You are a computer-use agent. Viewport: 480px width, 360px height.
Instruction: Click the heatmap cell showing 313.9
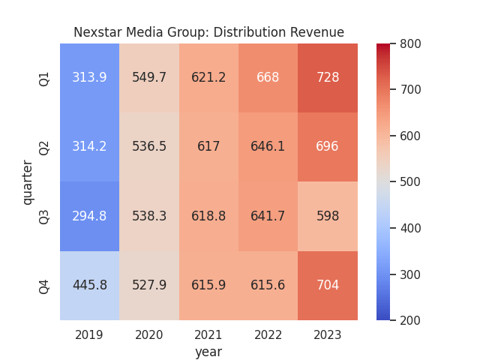tap(89, 78)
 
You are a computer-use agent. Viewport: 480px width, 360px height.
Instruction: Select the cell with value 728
tap(328, 78)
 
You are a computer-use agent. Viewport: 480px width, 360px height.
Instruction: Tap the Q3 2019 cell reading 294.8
tap(89, 216)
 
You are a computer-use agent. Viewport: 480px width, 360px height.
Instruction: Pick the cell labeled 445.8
tap(89, 285)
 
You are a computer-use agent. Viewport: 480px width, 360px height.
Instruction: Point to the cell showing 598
tap(328, 216)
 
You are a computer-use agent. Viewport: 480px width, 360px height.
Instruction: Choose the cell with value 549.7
tap(149, 78)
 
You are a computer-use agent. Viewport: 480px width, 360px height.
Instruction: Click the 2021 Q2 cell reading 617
tap(208, 147)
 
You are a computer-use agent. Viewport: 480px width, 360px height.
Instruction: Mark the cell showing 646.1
tap(268, 147)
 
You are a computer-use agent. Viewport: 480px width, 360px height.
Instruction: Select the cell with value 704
tap(328, 285)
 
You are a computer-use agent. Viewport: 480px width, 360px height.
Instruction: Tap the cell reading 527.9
tap(149, 285)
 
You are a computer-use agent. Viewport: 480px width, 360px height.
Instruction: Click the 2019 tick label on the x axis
tap(89, 334)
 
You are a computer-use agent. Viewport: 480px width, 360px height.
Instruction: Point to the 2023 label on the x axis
tap(328, 334)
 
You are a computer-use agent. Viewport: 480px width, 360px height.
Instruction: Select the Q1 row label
tap(44, 78)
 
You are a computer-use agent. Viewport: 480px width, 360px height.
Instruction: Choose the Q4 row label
tap(44, 286)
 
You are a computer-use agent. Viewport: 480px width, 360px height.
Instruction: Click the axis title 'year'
tap(208, 351)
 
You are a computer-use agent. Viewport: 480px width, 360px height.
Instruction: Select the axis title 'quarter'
tap(28, 182)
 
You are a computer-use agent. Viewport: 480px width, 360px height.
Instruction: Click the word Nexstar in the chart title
tap(97, 32)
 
